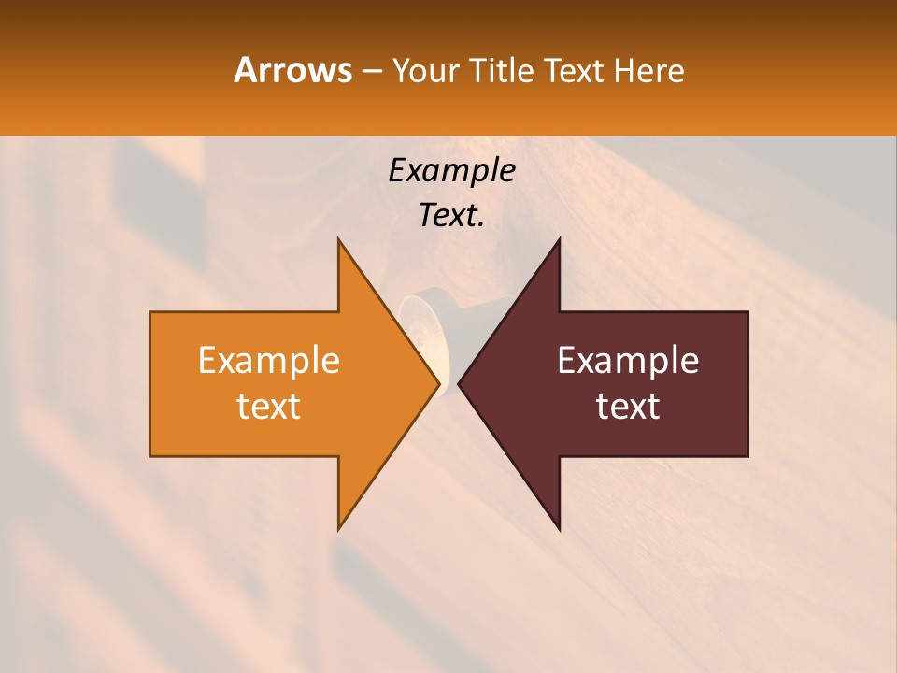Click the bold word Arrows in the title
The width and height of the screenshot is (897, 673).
coord(292,70)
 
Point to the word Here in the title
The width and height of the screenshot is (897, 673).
coord(649,70)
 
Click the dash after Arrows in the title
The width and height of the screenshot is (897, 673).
coord(371,71)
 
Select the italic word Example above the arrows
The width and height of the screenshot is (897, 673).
coord(451,170)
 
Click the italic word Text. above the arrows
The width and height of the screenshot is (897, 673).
coord(451,215)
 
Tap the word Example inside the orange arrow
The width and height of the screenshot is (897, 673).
coord(269,360)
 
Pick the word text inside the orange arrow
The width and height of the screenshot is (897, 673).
coord(269,406)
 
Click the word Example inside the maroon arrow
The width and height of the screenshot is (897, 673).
coord(628,360)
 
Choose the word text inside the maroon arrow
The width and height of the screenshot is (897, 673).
coord(628,406)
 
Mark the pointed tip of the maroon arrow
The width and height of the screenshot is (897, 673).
coord(461,383)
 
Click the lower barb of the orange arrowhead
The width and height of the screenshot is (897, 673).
coord(340,525)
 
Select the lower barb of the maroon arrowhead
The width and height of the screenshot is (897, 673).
coord(558,525)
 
